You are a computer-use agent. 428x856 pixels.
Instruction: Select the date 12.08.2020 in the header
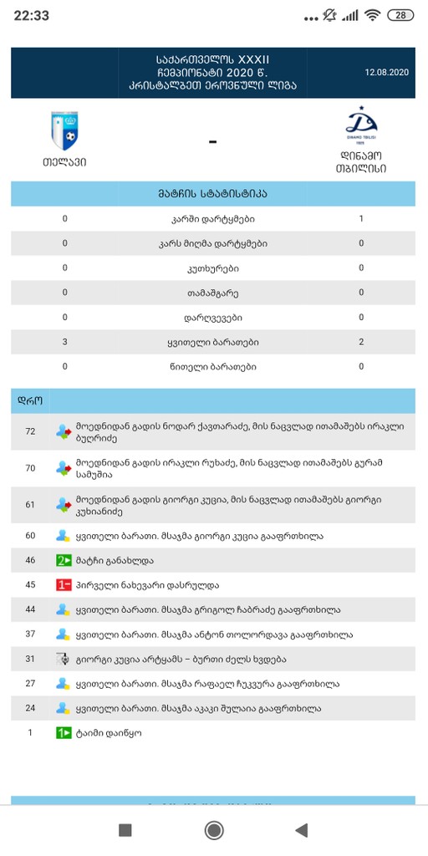coord(386,73)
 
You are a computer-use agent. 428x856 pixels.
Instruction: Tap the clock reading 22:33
coord(31,15)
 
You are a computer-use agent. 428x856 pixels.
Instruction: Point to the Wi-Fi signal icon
coord(373,15)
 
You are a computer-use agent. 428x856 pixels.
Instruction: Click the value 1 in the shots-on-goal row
coord(361,219)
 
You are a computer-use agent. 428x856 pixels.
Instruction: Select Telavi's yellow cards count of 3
coord(64,342)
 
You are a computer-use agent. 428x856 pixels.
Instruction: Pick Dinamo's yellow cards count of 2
coord(361,342)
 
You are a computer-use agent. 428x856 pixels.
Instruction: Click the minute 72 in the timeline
coord(31,431)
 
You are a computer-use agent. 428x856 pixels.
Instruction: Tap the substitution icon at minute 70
coord(64,468)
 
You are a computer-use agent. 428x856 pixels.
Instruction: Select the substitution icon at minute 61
coord(64,505)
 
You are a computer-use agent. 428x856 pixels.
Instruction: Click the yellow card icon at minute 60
coord(63,535)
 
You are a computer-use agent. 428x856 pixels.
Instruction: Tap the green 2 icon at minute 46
coord(64,560)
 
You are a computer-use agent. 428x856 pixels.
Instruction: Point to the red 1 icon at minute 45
coord(64,585)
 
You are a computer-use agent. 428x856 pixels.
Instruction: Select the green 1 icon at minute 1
coord(64,733)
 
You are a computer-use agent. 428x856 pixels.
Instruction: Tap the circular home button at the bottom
coord(214,829)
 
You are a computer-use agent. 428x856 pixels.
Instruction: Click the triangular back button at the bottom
coord(302,829)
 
